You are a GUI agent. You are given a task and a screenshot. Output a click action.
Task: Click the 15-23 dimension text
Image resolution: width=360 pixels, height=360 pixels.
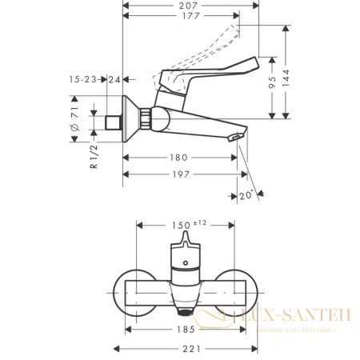point(83,78)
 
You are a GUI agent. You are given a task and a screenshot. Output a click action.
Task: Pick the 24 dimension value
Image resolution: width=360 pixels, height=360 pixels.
point(114,78)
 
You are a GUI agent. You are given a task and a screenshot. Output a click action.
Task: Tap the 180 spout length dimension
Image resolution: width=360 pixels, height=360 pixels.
point(178,158)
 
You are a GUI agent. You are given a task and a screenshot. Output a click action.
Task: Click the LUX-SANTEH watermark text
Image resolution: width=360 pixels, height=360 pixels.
point(295,317)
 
